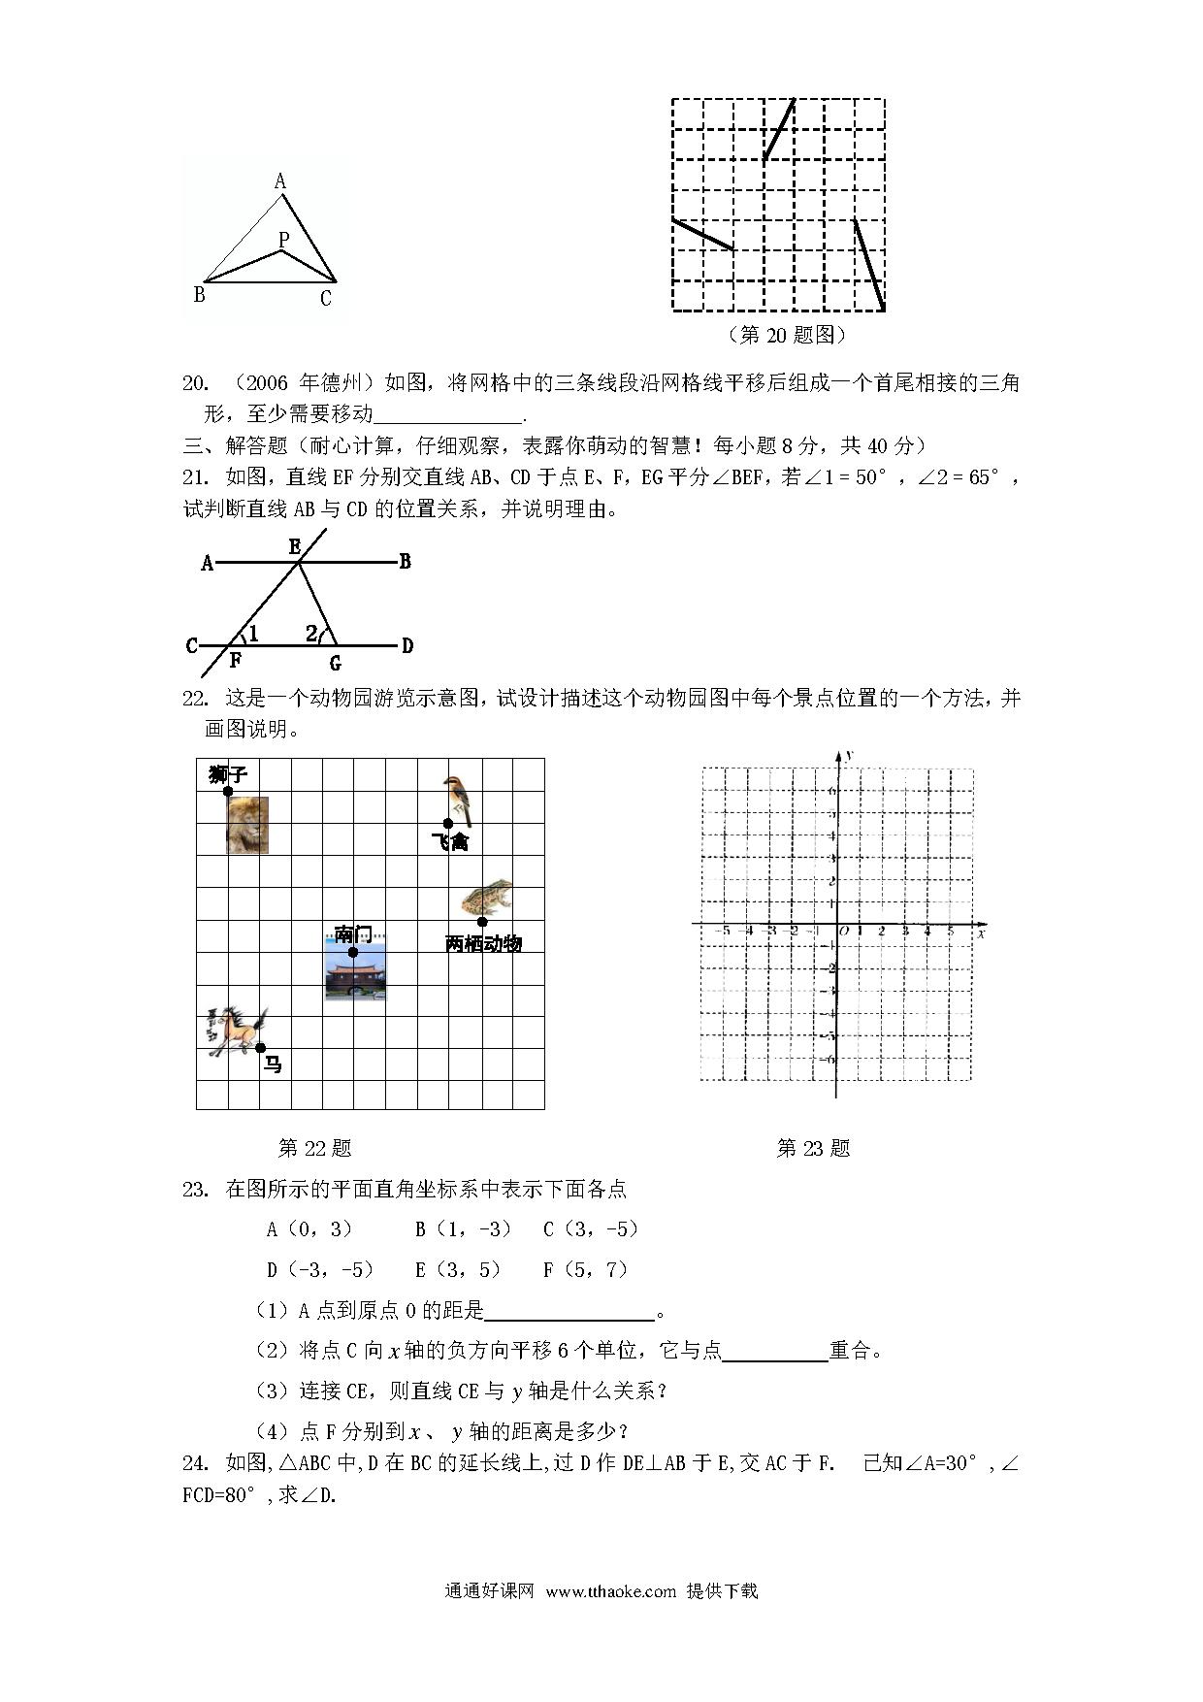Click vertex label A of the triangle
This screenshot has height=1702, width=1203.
tap(280, 181)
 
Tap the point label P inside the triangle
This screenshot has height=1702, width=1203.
tap(283, 239)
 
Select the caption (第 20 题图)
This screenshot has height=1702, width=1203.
tap(786, 335)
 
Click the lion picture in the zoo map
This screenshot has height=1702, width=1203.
tap(247, 825)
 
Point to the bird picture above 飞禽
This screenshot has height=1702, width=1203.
tap(456, 799)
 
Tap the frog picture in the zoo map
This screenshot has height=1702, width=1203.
tap(486, 899)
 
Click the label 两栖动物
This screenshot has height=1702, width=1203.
tap(483, 943)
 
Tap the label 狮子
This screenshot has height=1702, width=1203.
tap(228, 773)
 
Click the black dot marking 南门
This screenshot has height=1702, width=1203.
tap(353, 952)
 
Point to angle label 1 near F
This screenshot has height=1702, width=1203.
tap(253, 635)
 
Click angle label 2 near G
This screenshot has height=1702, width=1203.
tap(311, 634)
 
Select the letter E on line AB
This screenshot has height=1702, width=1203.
tap(295, 547)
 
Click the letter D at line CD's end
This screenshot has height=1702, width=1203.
tap(407, 645)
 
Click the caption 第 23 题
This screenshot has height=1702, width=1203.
tap(813, 1149)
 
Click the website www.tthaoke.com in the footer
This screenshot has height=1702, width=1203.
tap(610, 1591)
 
